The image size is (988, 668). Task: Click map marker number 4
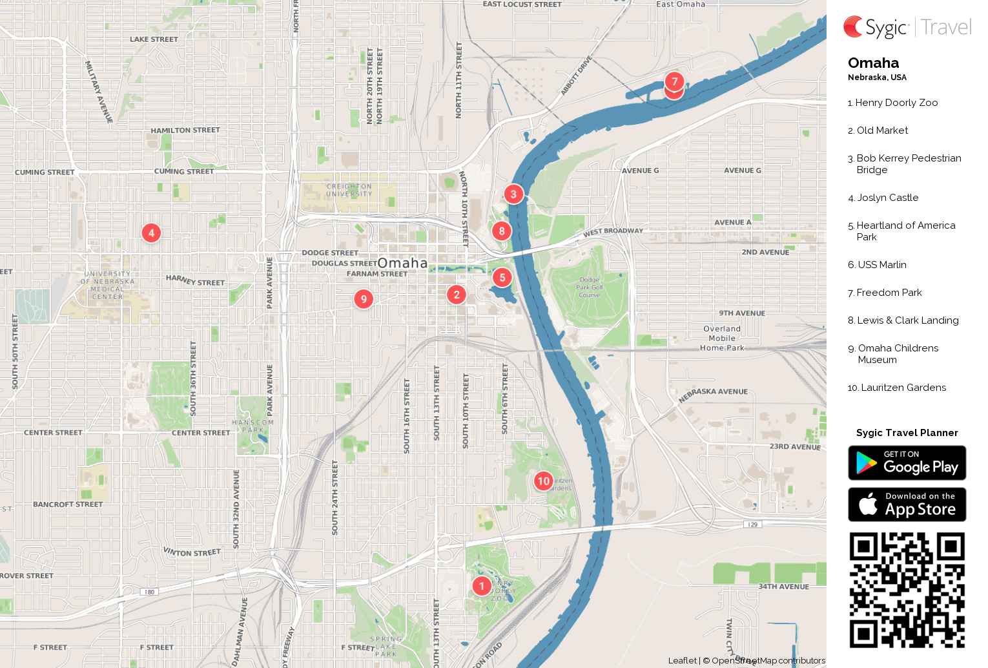coord(151,233)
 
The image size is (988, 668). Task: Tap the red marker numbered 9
coord(364,298)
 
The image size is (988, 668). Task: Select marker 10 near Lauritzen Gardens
coord(544,481)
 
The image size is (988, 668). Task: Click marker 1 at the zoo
coord(482,586)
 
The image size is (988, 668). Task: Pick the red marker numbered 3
coord(513,194)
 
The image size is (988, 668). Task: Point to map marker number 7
coord(674,81)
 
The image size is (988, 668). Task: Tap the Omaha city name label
coord(402,263)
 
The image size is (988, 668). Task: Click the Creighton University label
coord(349,190)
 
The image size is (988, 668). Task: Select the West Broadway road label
coord(613,231)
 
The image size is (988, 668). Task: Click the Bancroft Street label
coord(68,504)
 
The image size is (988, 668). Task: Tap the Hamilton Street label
coord(185,130)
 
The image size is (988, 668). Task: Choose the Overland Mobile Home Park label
coord(722,338)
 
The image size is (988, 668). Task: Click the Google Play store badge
coord(907,463)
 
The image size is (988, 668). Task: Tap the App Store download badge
coord(907,504)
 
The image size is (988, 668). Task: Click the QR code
coord(907,590)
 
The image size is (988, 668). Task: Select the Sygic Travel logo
coord(907,27)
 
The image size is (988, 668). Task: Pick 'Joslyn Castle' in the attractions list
coord(887,198)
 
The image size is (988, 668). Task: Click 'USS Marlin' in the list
coord(881,265)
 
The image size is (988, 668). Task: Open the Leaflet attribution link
coord(682,660)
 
